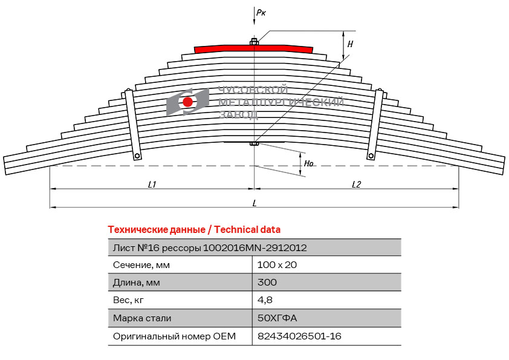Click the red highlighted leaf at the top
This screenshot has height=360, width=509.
point(253,49)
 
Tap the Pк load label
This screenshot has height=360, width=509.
point(261,13)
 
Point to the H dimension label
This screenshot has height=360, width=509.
point(350,44)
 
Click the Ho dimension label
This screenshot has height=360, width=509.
point(308,163)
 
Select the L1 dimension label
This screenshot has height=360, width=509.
point(152,185)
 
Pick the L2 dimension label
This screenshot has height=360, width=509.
point(356,185)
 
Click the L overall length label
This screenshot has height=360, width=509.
point(254,203)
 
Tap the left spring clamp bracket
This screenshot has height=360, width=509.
point(132,125)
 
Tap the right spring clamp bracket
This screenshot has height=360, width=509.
point(375,125)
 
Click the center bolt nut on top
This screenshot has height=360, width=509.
point(254,42)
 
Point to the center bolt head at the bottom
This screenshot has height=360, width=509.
point(254,143)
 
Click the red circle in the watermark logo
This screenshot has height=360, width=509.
point(187,102)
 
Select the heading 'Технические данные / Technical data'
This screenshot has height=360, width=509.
point(194,230)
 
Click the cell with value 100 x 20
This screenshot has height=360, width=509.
point(277,265)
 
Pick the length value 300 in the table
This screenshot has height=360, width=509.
point(267,282)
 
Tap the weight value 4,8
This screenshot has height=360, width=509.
point(265,300)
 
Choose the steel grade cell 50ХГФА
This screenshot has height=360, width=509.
point(277,318)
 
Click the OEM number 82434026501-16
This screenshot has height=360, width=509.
point(299,336)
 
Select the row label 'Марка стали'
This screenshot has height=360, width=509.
point(142,318)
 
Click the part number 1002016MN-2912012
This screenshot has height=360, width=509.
point(254,248)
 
